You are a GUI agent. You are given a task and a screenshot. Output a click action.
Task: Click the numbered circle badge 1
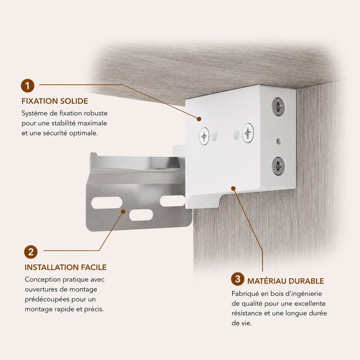(x=27, y=86)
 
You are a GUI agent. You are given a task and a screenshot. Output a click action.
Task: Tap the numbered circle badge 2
(x=31, y=252)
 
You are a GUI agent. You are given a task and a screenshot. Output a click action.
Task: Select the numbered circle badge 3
(x=238, y=279)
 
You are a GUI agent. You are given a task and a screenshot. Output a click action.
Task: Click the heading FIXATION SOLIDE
(x=55, y=101)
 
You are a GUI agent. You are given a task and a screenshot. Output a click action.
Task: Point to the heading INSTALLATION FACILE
(x=66, y=267)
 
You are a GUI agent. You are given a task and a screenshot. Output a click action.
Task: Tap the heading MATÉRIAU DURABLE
(x=285, y=281)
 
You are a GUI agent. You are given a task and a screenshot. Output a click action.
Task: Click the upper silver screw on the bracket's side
(x=278, y=107)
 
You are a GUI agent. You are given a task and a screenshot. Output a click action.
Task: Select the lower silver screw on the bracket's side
(x=278, y=166)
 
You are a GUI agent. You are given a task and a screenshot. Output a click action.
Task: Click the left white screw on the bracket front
(x=204, y=136)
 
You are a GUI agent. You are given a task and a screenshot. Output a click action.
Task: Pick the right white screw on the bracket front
(x=248, y=133)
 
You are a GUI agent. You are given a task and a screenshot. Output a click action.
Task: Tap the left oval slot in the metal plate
(x=107, y=203)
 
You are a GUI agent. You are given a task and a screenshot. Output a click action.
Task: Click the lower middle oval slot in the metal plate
(x=141, y=215)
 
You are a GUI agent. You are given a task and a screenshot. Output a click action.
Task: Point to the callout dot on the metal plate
(x=123, y=211)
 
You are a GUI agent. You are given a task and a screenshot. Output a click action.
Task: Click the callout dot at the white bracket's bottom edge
(x=233, y=188)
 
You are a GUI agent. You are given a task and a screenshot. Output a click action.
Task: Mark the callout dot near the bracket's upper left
(x=199, y=119)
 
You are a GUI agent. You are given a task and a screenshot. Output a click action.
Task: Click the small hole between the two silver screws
(x=279, y=141)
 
